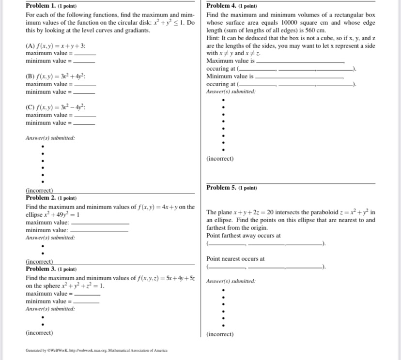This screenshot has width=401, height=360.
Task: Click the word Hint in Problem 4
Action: (x=213, y=38)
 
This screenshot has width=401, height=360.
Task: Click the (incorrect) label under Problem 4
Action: (x=219, y=159)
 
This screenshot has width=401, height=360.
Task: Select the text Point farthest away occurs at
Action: (x=243, y=236)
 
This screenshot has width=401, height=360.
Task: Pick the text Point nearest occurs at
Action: (x=235, y=259)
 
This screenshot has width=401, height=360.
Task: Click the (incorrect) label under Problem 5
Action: (x=219, y=334)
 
